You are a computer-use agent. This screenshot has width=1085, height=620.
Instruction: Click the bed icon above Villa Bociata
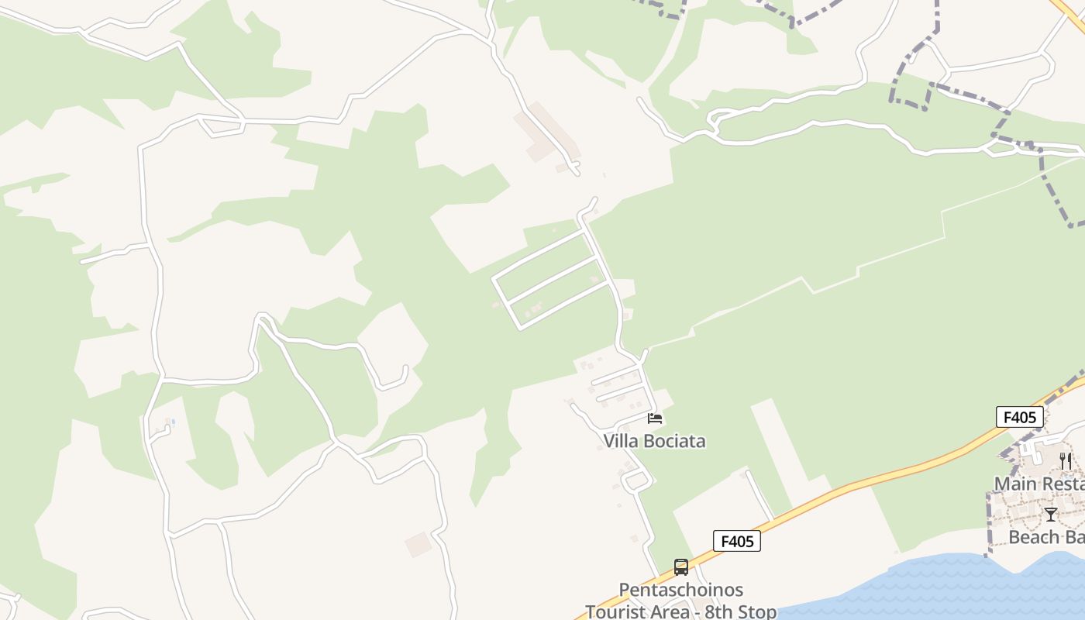click(x=655, y=419)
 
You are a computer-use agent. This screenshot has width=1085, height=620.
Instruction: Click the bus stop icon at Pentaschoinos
click(x=680, y=567)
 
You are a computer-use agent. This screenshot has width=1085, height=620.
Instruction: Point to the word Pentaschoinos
click(x=680, y=591)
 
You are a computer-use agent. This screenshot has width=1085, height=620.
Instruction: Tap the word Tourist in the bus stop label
click(x=617, y=611)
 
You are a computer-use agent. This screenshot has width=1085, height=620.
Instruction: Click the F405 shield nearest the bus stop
click(x=736, y=541)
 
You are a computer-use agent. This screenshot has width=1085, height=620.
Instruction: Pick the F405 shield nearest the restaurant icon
click(x=1019, y=418)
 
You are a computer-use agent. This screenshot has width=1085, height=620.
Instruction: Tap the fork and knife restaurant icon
click(x=1066, y=460)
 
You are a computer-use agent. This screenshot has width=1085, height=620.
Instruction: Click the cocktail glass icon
click(x=1051, y=514)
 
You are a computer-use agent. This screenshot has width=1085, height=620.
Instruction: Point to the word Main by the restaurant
click(x=1014, y=484)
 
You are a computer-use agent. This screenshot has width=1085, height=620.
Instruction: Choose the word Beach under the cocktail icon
click(x=1034, y=537)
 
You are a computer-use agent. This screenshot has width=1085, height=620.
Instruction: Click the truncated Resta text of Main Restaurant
click(x=1062, y=484)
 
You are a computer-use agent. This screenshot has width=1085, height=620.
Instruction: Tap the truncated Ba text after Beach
click(x=1074, y=537)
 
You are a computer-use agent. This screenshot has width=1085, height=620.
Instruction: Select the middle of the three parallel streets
click(x=552, y=279)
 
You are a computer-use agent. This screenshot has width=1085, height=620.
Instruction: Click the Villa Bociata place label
click(x=655, y=441)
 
